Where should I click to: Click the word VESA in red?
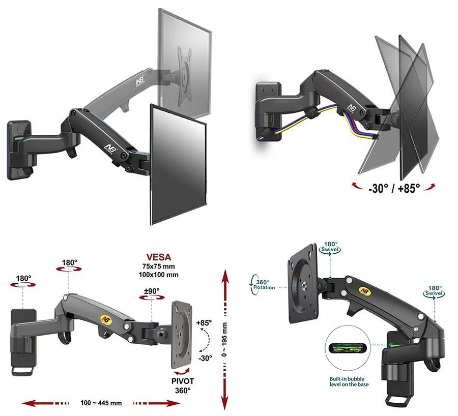point(159,257)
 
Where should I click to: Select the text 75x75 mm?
point(159,266)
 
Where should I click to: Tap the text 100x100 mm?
point(159,275)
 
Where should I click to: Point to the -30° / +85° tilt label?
point(394,188)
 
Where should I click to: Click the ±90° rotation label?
point(152,291)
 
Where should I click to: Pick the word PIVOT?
point(183,381)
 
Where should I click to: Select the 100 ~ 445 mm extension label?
point(101,403)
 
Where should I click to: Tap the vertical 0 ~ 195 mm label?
point(224,340)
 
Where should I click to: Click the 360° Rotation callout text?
point(264,285)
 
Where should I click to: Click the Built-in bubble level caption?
point(349,381)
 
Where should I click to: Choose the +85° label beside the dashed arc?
point(204,323)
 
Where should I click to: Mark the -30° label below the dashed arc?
point(205,358)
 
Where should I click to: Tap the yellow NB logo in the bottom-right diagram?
point(365,290)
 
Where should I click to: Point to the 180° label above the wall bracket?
point(23,279)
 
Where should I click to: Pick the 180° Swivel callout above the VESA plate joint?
point(331,247)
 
